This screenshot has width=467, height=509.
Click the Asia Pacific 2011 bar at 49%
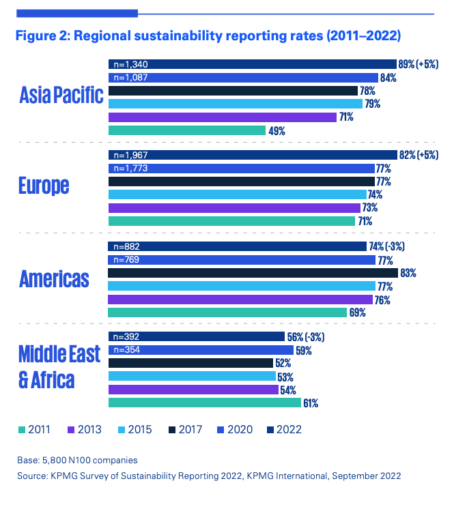coord(186,130)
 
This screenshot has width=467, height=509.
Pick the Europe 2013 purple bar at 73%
coord(234,207)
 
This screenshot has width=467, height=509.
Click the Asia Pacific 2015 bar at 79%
coord(236,104)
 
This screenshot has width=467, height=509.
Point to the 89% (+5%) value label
coord(418,64)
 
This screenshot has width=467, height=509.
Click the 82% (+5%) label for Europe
coord(418,156)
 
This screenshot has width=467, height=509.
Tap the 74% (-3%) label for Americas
coord(391,247)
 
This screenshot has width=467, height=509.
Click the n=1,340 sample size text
coord(130,65)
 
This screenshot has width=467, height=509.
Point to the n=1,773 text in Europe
coord(130,169)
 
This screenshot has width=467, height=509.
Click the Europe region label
coord(44,186)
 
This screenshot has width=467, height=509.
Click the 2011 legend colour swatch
coord(21,429)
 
